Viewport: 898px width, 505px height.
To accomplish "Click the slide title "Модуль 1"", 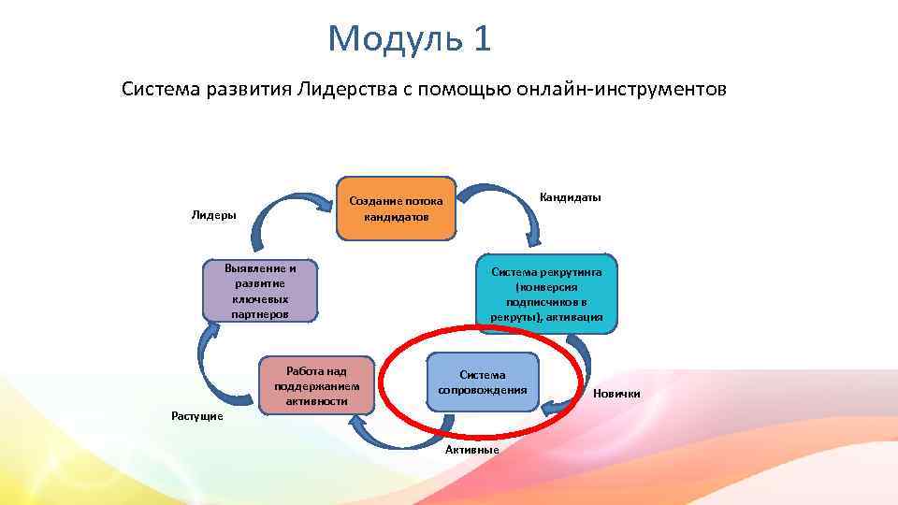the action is pyautogui.click(x=409, y=38).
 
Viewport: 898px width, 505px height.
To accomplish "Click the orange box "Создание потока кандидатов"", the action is pyautogui.click(x=397, y=207).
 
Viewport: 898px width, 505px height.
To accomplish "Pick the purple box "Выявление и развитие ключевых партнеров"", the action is pyautogui.click(x=260, y=290).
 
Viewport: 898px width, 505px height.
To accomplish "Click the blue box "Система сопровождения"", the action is pyautogui.click(x=483, y=382).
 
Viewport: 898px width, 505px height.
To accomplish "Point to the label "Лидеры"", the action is pyautogui.click(x=214, y=215).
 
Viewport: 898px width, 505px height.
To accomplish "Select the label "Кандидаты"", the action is pyautogui.click(x=571, y=197).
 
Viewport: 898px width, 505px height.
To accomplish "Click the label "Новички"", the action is pyautogui.click(x=616, y=394).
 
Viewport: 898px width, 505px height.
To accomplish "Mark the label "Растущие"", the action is pyautogui.click(x=197, y=416).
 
